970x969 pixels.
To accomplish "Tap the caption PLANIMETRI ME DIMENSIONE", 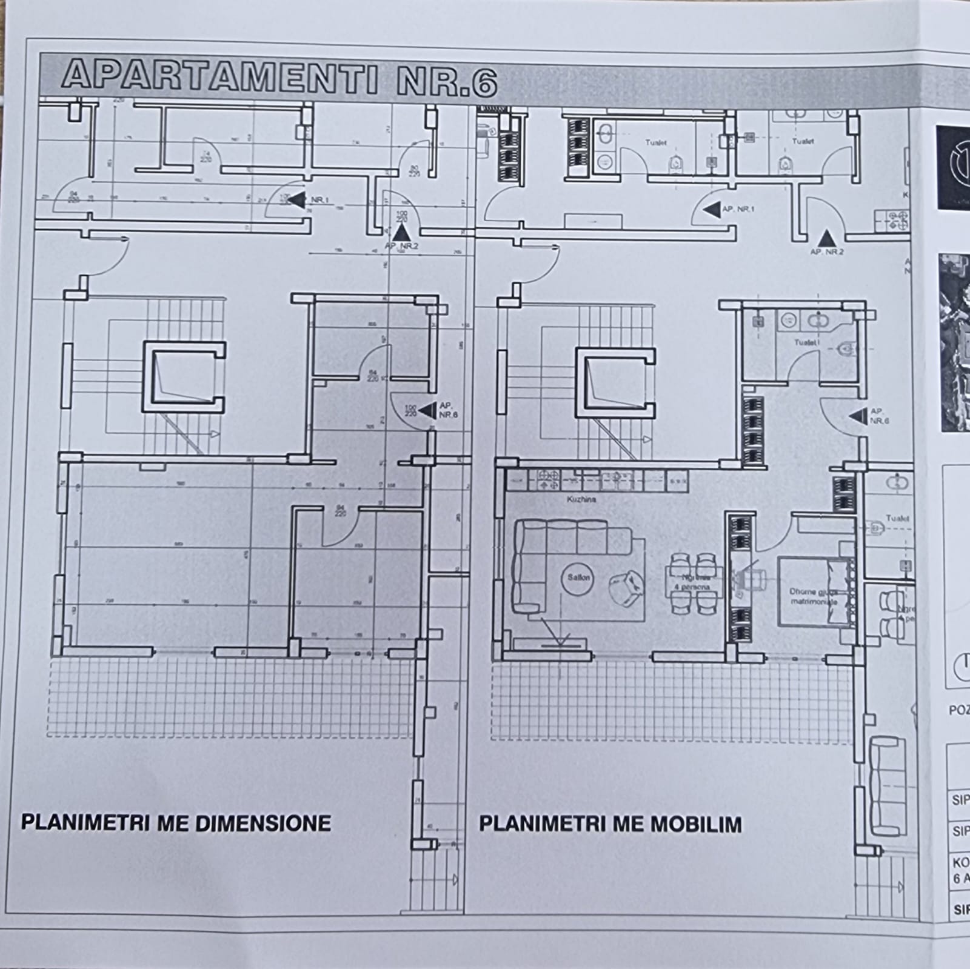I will tap(176, 823).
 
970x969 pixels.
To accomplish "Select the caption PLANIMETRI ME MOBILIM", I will tap(610, 824).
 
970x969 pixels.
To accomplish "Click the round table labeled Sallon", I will tap(578, 578).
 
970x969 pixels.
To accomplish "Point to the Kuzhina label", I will tap(581, 499).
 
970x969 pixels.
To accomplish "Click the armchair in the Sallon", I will tap(625, 587).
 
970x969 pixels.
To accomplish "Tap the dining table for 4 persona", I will tap(694, 583).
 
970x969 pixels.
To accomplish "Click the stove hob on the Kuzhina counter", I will tap(549, 480).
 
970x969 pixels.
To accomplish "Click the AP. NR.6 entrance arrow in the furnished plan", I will tap(858, 416).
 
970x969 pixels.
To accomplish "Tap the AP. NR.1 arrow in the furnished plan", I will tap(712, 210).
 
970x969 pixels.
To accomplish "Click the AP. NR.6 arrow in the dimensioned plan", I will tap(427, 410).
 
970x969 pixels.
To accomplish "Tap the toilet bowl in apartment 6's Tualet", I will tap(845, 349).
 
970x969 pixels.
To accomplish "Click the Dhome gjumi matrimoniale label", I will tap(813, 597).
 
